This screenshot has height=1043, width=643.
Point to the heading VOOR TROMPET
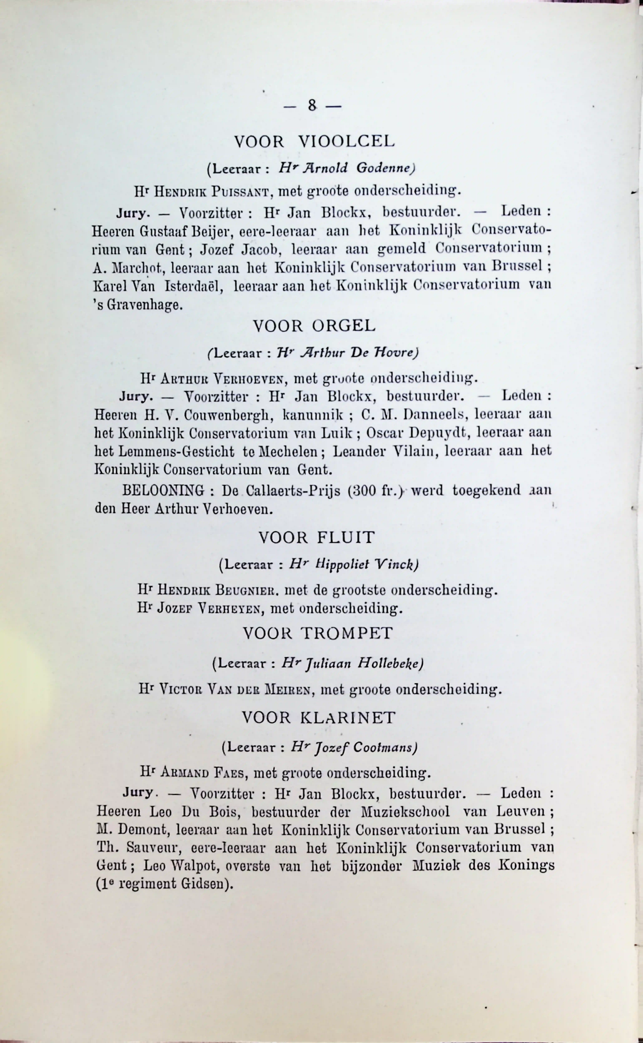[318, 633]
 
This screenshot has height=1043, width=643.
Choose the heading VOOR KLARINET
[319, 718]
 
